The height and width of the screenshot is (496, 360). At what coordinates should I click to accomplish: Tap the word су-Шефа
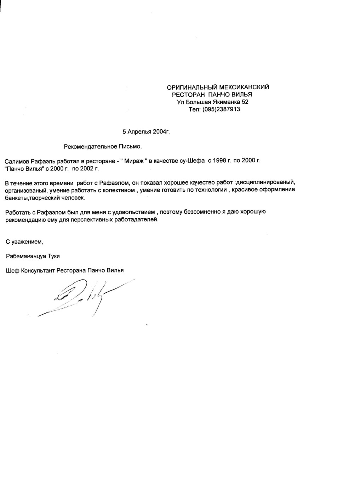point(192,161)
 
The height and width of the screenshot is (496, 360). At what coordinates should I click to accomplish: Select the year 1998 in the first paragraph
point(219,161)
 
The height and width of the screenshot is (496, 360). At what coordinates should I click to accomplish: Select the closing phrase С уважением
point(24,242)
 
